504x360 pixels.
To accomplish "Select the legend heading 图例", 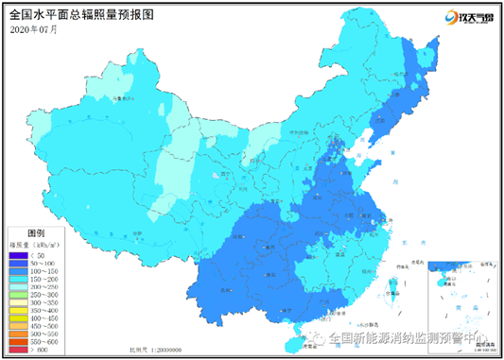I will tap(35, 231).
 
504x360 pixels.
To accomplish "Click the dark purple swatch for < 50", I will tap(18, 254).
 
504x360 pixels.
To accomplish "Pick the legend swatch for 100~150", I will tap(18, 271).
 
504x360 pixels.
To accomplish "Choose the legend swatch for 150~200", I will tap(18, 280).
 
